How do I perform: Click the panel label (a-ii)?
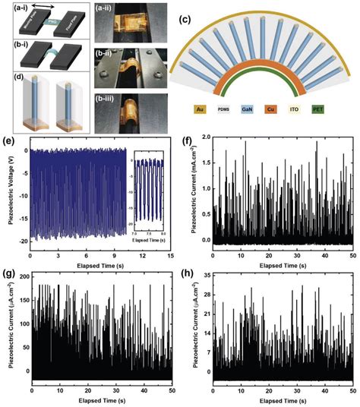coord(109,9)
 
